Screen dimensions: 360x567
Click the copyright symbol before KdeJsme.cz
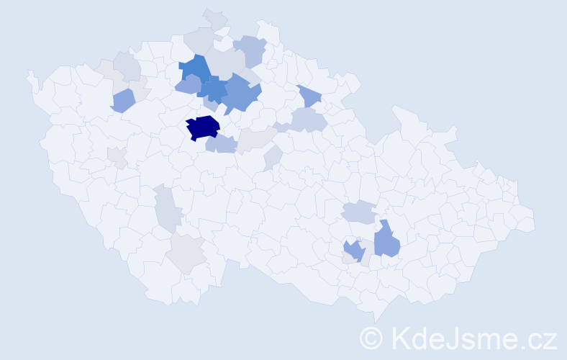(371, 338)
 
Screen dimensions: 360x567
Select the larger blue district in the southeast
(386, 240)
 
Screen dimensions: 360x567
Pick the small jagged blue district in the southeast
(353, 251)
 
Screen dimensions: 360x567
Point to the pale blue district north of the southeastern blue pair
(358, 212)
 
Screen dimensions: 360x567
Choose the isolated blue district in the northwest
(122, 100)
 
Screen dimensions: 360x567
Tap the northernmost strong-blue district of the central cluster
(194, 68)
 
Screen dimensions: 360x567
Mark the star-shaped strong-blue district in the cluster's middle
(214, 89)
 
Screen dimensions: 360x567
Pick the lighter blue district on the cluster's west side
(188, 85)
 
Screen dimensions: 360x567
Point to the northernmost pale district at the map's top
(214, 19)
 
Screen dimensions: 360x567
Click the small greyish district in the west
(117, 157)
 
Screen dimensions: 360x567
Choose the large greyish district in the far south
(186, 253)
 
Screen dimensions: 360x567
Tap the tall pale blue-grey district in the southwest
(167, 207)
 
